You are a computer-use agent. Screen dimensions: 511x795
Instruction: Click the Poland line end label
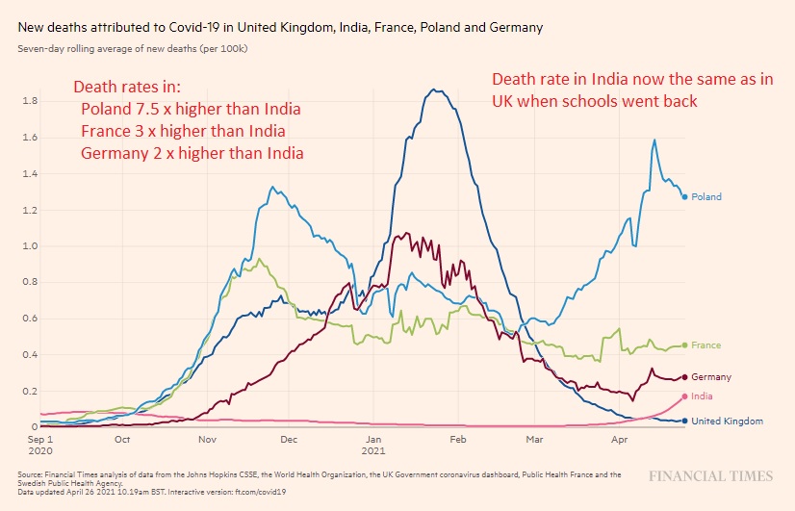(707, 197)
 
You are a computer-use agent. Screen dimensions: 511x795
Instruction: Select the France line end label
(706, 345)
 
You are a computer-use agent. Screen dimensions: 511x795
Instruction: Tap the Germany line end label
(711, 377)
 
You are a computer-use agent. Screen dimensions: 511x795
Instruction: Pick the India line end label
(703, 396)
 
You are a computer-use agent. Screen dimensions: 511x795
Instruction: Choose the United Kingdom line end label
(728, 422)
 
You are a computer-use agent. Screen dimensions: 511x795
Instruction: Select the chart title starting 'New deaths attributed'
(279, 28)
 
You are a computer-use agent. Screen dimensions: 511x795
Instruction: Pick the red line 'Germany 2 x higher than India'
(192, 153)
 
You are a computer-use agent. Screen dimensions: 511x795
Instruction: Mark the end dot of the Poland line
(684, 197)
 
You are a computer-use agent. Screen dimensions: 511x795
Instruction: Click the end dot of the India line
(684, 396)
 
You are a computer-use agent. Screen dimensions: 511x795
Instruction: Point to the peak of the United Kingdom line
(437, 90)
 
